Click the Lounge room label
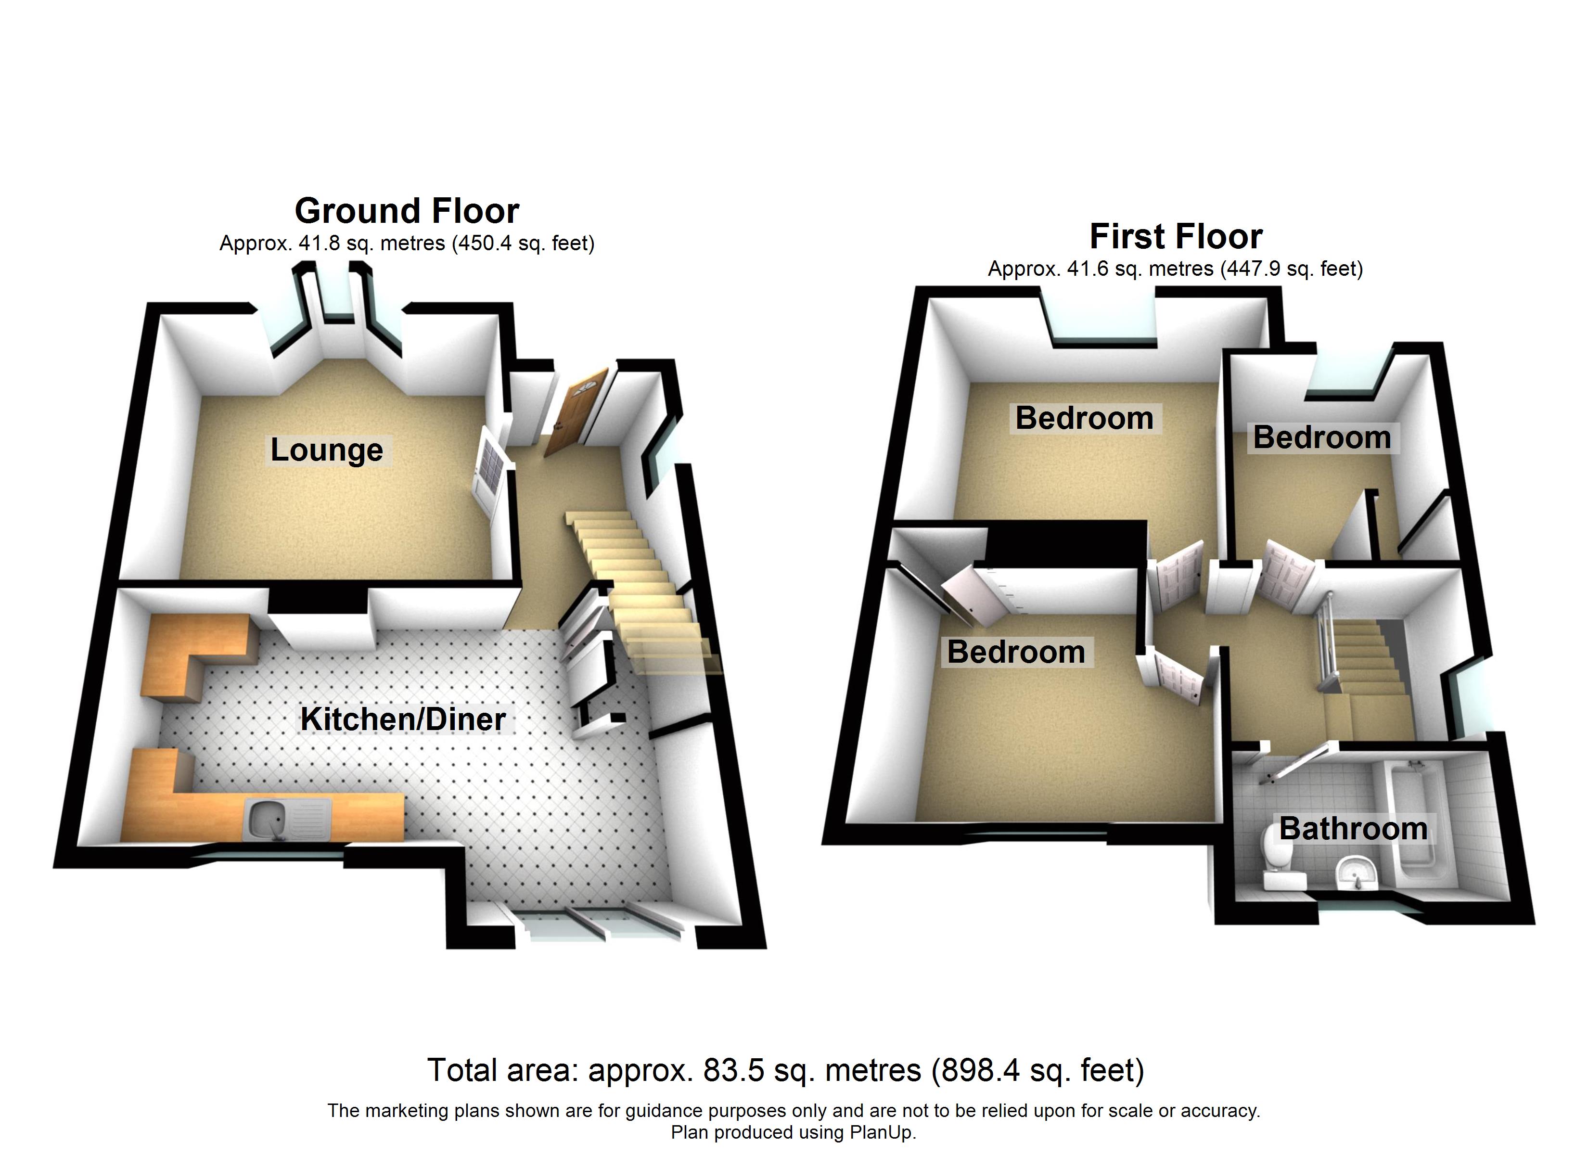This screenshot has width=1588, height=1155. [326, 450]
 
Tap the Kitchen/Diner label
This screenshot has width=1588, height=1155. [403, 719]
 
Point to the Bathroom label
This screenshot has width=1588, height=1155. [1353, 829]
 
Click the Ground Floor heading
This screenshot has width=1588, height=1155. [407, 210]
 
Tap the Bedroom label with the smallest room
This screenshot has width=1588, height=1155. [1321, 438]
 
